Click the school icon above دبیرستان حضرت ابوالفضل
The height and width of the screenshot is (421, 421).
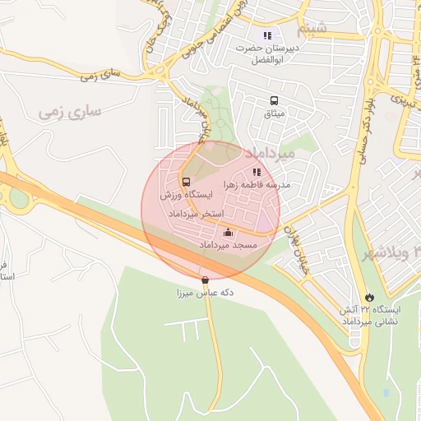(267, 35)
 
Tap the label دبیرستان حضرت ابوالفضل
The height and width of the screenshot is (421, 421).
(266, 54)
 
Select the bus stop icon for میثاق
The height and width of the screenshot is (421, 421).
(271, 100)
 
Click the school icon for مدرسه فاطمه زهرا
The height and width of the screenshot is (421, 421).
(257, 172)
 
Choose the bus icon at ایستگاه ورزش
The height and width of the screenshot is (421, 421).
(185, 181)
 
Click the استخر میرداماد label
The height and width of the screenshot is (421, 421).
(191, 214)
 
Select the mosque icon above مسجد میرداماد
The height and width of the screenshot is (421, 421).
(228, 233)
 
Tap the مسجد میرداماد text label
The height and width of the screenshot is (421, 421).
(228, 246)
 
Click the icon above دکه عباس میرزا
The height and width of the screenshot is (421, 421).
(205, 280)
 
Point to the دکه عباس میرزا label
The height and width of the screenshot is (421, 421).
(205, 293)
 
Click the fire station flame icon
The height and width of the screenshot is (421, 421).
(369, 296)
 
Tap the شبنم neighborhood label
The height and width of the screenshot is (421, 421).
(314, 30)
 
